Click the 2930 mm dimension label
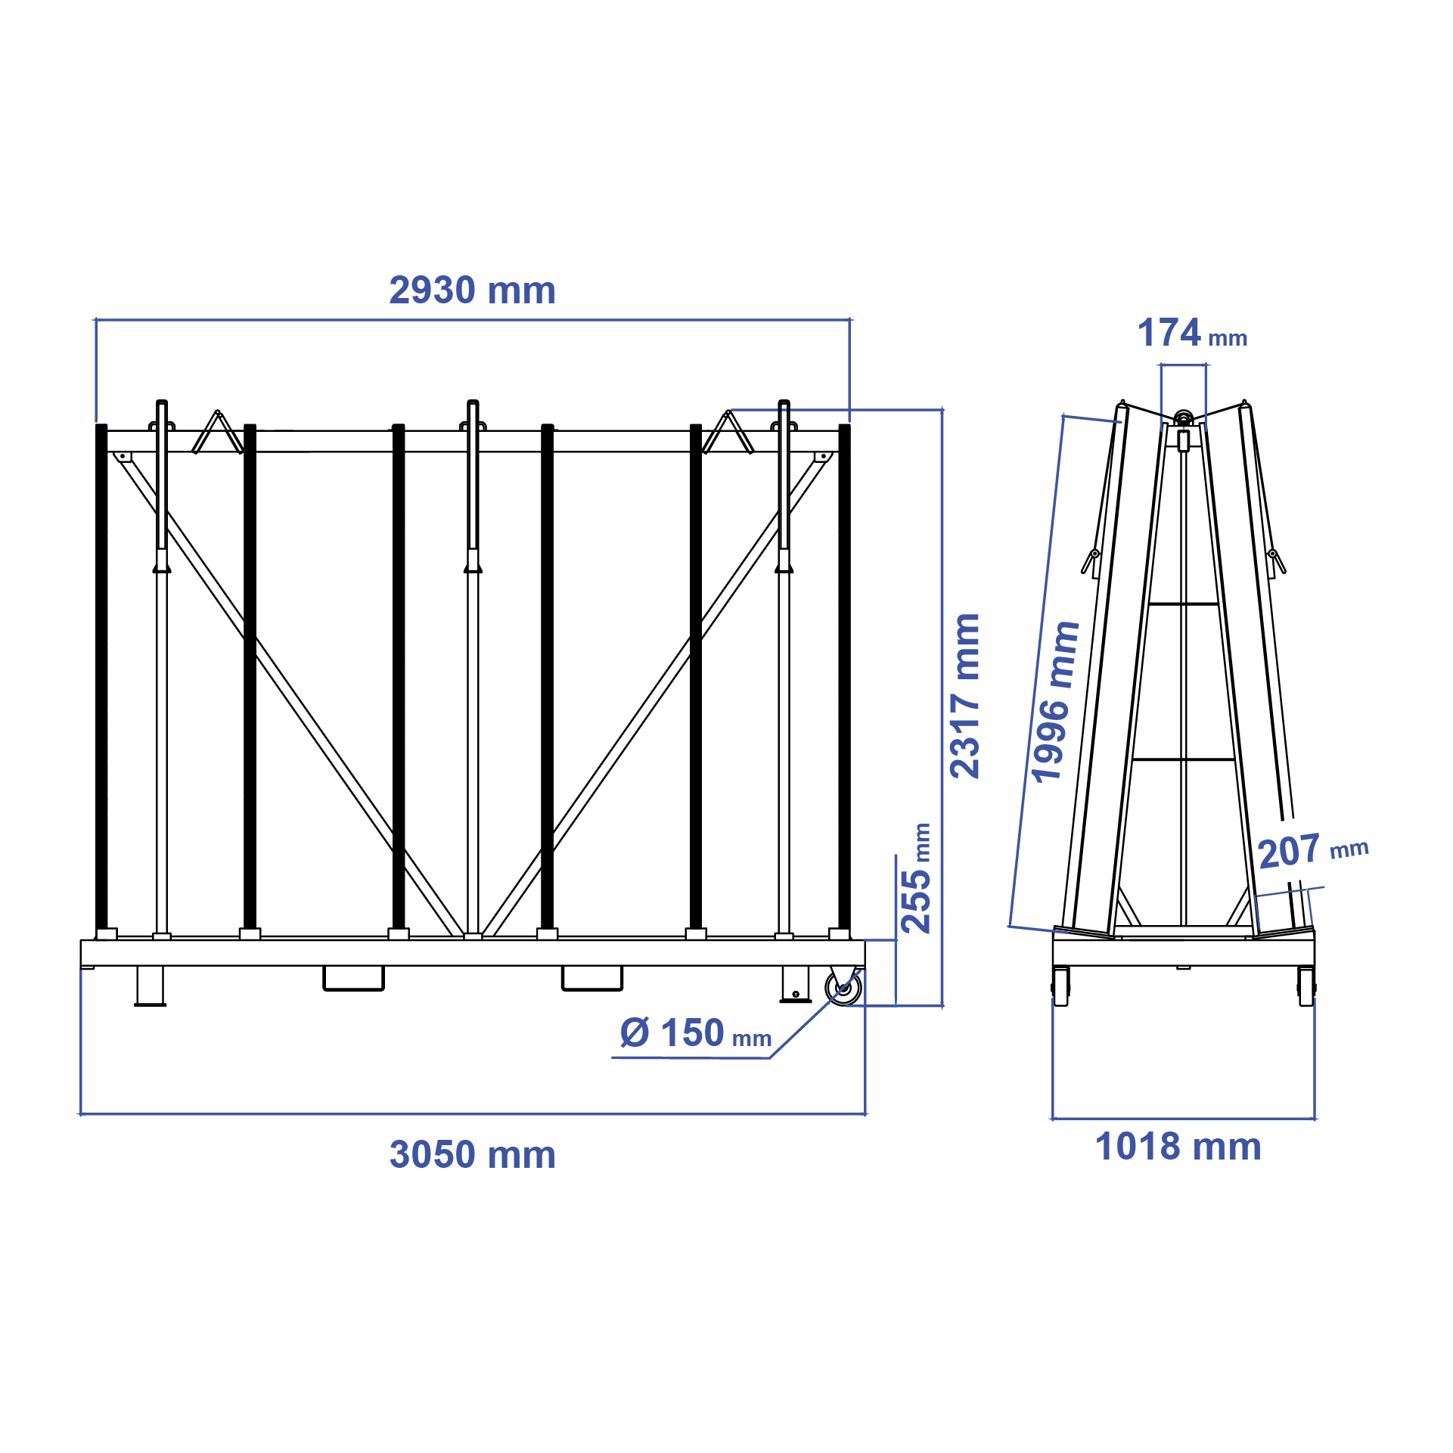pos(472,290)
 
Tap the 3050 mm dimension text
pos(472,1155)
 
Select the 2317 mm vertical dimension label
pos(965,696)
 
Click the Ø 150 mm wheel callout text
pos(694,1033)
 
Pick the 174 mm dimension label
pos(1191,334)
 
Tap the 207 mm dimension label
pos(1312,850)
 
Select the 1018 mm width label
pos(1178,1147)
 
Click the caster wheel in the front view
pos(843,988)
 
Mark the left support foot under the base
pos(150,986)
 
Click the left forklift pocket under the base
pos(353,978)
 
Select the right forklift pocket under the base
pos(591,978)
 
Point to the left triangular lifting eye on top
pos(217,433)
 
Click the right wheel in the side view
pos(1306,986)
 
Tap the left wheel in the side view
pos(1060,986)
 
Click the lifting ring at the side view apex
pos(1183,418)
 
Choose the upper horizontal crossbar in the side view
pos(1183,604)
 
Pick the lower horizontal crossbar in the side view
pos(1183,759)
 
